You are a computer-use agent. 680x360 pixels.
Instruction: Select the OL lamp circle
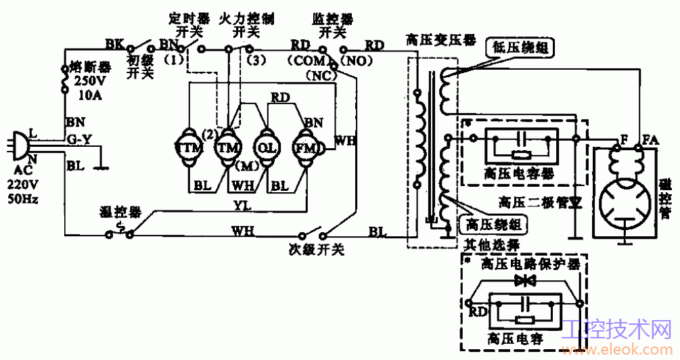[264, 147]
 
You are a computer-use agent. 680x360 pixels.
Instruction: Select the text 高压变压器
[434, 39]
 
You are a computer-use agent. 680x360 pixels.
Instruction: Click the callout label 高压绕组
[492, 224]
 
